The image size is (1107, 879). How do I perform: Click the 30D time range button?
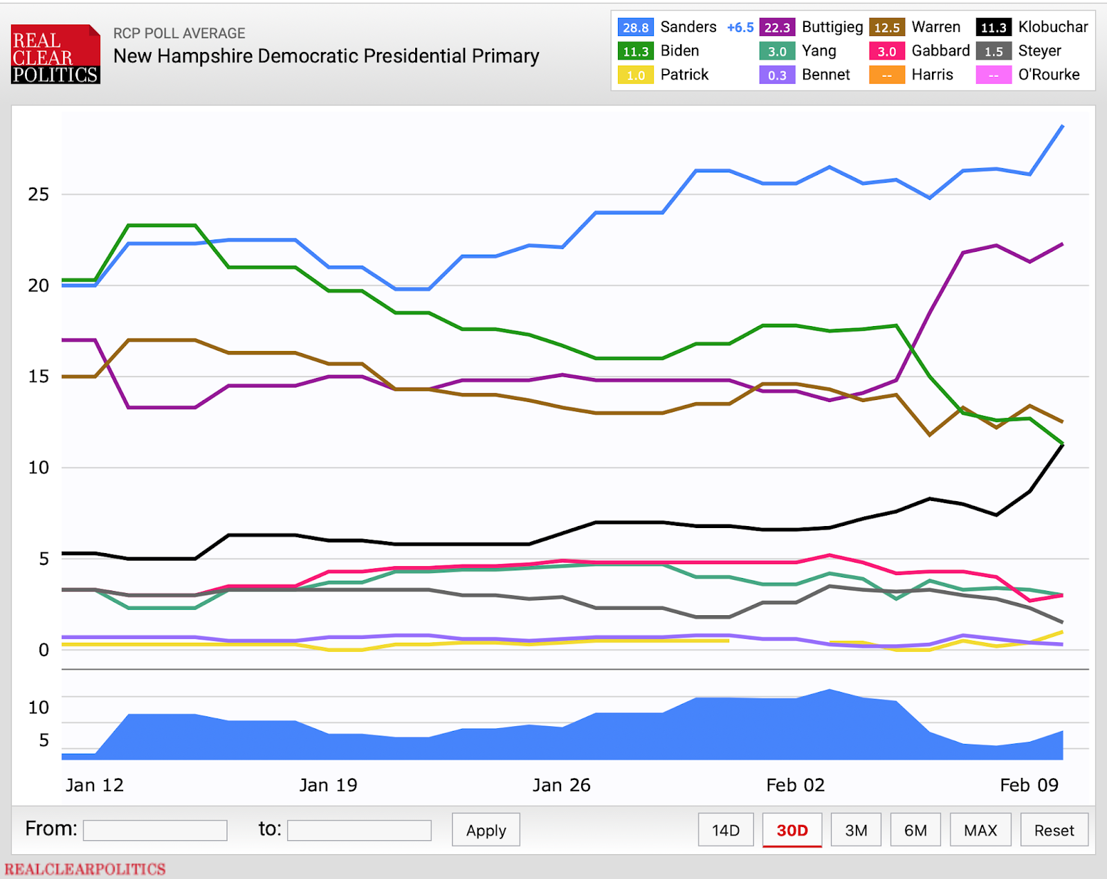[792, 830]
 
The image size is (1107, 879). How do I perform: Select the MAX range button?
[980, 830]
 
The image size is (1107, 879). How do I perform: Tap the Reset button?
[1054, 830]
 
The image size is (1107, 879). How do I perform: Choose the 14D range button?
[726, 830]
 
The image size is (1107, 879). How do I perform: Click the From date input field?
[155, 830]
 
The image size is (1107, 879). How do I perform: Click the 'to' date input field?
[359, 830]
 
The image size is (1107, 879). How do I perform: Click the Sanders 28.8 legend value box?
[635, 27]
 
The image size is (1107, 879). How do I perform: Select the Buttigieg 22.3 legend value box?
[777, 27]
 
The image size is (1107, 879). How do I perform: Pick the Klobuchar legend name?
[1052, 27]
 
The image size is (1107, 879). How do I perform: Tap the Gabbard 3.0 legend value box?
[886, 51]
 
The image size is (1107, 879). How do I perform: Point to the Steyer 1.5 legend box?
[994, 51]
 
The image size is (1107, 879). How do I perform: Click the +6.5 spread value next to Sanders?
[740, 27]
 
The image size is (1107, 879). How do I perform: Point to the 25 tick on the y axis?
[39, 194]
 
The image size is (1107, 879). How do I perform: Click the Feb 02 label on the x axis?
[795, 785]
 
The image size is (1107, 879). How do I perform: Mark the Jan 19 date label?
[328, 785]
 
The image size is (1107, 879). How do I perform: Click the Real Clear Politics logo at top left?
[55, 55]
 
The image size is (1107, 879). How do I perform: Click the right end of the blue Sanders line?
[1062, 126]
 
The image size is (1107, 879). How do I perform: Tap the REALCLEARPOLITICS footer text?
[85, 869]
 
